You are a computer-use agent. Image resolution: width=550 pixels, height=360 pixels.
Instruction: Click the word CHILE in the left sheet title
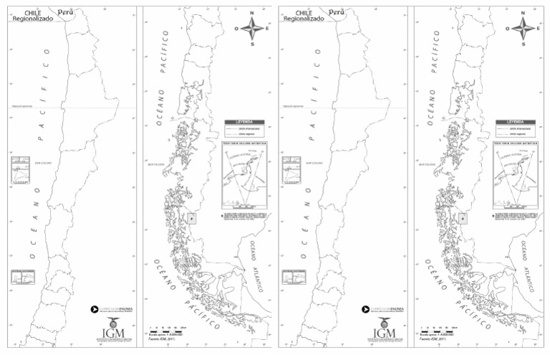(32, 13)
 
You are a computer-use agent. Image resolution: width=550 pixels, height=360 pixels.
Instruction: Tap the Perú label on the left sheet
(66, 12)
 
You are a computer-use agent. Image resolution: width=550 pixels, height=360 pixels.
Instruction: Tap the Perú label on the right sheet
(336, 12)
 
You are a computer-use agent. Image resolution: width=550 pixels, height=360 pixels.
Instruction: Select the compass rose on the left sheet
(252, 29)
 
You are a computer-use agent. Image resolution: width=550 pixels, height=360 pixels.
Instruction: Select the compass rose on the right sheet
(522, 29)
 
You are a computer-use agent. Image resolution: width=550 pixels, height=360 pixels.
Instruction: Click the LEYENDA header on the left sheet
(244, 122)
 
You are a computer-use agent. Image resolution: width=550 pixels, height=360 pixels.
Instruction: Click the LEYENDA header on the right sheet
(515, 122)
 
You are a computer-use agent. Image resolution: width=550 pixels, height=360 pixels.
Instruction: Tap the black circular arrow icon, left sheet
(94, 310)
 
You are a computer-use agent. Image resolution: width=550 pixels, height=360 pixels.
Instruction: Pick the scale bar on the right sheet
(438, 329)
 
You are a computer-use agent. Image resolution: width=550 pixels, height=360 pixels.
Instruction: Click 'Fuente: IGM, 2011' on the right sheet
(433, 339)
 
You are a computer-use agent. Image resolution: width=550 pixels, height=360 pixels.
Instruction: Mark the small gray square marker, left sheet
(191, 218)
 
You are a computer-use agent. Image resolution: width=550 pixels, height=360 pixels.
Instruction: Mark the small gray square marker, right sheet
(462, 218)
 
